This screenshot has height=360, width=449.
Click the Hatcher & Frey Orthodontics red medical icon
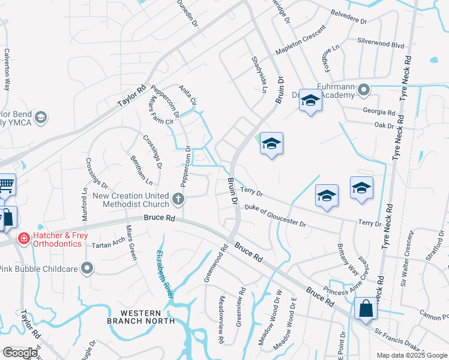click(23, 239)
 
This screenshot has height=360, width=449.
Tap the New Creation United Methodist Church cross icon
click(178, 199)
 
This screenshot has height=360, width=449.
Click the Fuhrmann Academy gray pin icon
click(364, 91)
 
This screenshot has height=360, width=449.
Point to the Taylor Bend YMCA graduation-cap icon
click(41, 117)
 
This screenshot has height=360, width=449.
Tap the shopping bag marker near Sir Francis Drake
click(366, 310)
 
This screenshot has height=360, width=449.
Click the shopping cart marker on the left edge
click(5, 184)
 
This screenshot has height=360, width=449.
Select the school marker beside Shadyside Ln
click(271, 144)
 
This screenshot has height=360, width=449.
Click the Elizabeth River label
click(165, 273)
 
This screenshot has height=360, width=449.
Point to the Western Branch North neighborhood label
click(142, 317)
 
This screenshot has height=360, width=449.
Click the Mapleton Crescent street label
click(300, 41)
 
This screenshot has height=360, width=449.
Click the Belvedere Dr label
click(349, 16)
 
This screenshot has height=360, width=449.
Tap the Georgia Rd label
click(379, 112)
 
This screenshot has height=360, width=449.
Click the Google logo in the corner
click(20, 353)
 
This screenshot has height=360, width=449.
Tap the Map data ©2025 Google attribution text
click(411, 355)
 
